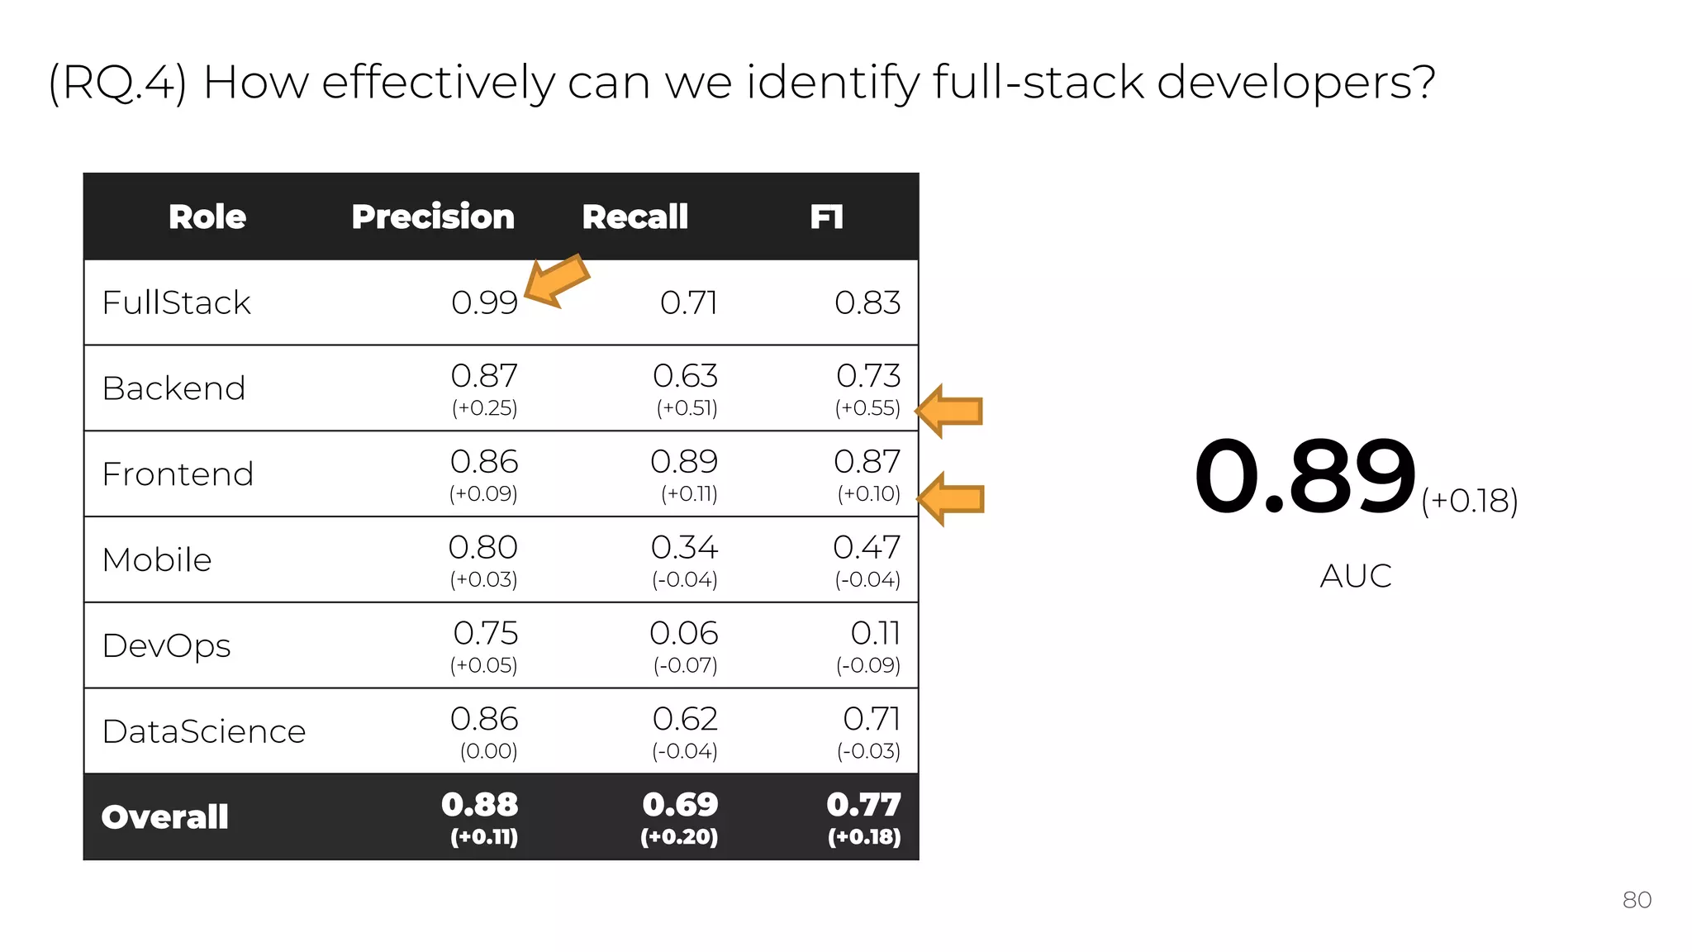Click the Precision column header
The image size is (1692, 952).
(x=433, y=217)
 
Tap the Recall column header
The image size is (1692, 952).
(x=634, y=217)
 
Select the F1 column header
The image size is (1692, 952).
(x=826, y=217)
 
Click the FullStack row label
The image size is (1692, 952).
(x=176, y=302)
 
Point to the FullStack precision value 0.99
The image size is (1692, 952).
(x=484, y=302)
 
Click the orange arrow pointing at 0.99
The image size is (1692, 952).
(x=557, y=281)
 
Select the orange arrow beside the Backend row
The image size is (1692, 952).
(x=950, y=411)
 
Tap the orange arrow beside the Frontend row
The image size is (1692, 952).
(x=951, y=499)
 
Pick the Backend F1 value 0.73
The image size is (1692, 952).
(x=868, y=376)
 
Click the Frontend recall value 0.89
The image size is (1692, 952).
(x=684, y=462)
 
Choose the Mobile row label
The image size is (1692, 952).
(x=157, y=560)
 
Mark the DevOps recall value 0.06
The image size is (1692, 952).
(x=684, y=634)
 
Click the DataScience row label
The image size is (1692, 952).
(x=204, y=732)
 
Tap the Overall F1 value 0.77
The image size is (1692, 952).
(x=864, y=805)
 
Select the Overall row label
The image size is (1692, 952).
(x=164, y=817)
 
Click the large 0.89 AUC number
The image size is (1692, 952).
(x=1305, y=477)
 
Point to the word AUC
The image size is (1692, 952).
(x=1356, y=576)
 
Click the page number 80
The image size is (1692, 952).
(x=1637, y=900)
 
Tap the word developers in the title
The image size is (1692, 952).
(x=1295, y=83)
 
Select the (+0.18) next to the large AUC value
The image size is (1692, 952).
(x=1470, y=501)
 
